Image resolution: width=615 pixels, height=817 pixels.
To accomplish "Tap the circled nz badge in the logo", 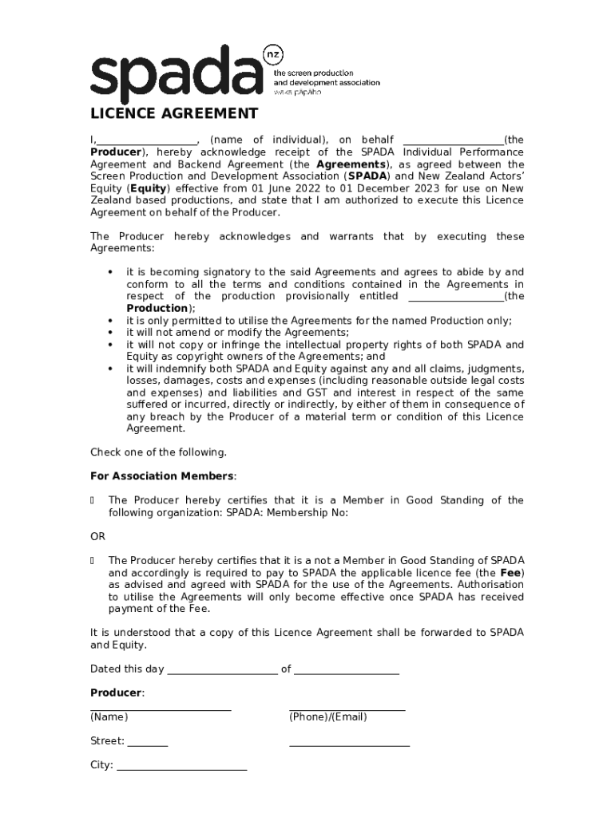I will pyautogui.click(x=274, y=55).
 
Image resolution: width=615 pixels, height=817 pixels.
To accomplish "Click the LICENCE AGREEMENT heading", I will pyautogui.click(x=173, y=113).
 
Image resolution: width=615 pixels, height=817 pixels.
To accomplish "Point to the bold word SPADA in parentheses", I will pyautogui.click(x=367, y=176).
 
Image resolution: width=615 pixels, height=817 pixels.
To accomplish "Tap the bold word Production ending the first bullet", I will pyautogui.click(x=158, y=309).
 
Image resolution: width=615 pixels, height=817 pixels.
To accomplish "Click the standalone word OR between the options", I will pyautogui.click(x=97, y=536).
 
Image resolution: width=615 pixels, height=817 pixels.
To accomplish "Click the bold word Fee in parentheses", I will pyautogui.click(x=510, y=573).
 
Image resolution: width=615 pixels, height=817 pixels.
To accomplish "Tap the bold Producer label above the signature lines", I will pyautogui.click(x=117, y=693).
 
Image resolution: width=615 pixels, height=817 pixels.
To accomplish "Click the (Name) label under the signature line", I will pyautogui.click(x=109, y=717).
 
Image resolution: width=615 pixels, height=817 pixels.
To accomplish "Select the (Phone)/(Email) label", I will pyautogui.click(x=327, y=717).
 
